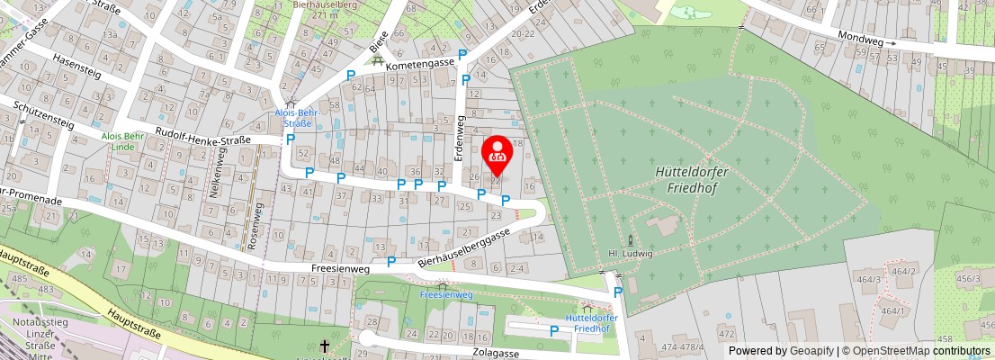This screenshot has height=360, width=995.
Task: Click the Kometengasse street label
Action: pos(420,66)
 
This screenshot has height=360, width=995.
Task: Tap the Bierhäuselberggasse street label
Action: pos(466,246)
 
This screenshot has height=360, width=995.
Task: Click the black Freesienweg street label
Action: pos(340,267)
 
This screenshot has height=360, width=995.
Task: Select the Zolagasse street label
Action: pos(495,354)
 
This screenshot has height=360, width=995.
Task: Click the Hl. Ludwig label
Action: pos(631,254)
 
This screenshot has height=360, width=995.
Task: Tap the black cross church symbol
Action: pos(326,345)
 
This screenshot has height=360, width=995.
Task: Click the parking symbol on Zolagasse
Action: pos(554,331)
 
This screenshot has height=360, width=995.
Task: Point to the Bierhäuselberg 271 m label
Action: pos(321,9)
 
